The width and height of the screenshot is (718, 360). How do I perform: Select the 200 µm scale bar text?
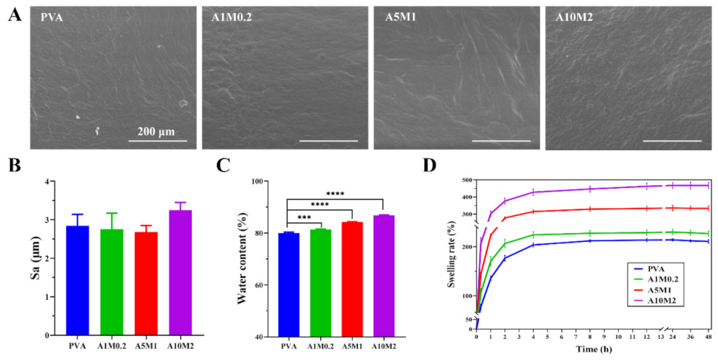[158, 131]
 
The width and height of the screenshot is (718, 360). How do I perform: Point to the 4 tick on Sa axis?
[50, 181]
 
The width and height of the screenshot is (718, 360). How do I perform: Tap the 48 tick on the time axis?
[709, 337]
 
